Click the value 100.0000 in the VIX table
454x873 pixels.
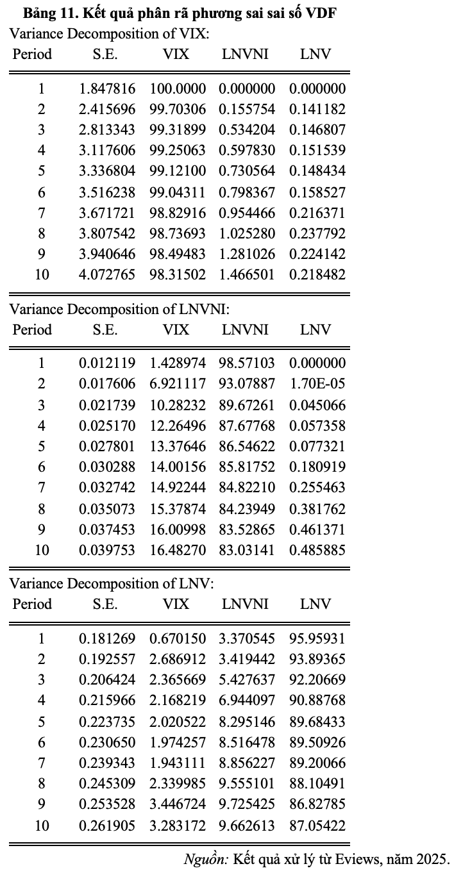tap(178, 89)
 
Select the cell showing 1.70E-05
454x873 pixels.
tap(317, 384)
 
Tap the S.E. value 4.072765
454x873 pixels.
tap(107, 275)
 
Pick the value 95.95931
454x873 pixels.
tap(317, 638)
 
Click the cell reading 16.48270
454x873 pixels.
tap(178, 550)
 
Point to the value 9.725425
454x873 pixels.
tap(247, 804)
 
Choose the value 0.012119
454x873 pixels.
tap(107, 363)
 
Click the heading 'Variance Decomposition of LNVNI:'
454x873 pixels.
tap(119, 310)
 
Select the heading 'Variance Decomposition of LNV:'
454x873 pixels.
tap(111, 584)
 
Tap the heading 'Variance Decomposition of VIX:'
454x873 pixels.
tap(109, 34)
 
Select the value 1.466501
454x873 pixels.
tap(247, 275)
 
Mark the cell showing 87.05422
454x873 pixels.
tap(317, 826)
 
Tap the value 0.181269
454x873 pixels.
tap(107, 638)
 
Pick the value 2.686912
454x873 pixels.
tap(178, 660)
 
